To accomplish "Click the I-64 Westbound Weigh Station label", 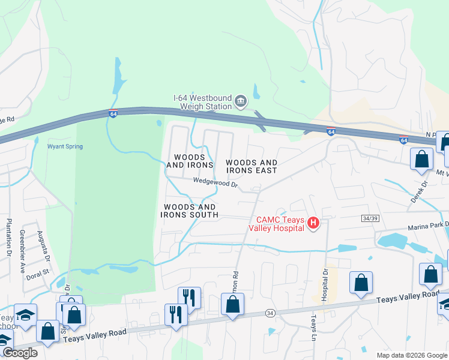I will pyautogui.click(x=202, y=102).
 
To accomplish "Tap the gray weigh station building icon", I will pyautogui.click(x=241, y=101).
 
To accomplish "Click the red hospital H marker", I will pyautogui.click(x=313, y=224).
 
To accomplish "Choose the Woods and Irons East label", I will pyautogui.click(x=251, y=167).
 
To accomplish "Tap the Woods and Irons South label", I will pyautogui.click(x=189, y=211).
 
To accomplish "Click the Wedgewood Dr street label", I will pyautogui.click(x=215, y=181).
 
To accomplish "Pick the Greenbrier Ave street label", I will pyautogui.click(x=22, y=251).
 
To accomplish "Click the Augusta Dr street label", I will pyautogui.click(x=43, y=246).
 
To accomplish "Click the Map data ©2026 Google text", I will pyautogui.click(x=411, y=355).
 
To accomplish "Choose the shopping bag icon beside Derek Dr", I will pyautogui.click(x=422, y=160).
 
